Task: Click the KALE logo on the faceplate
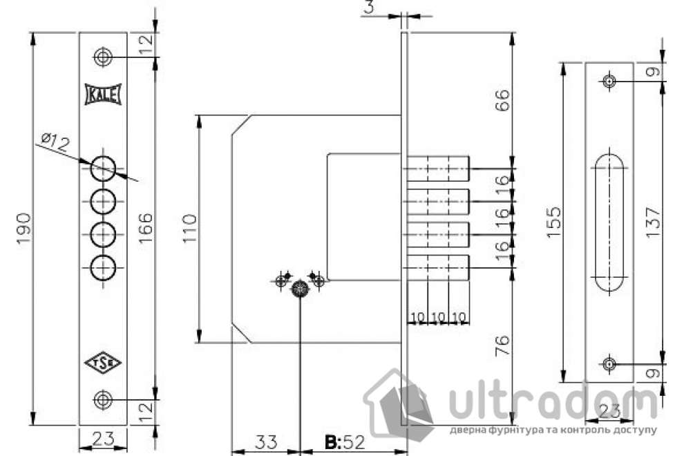click(x=103, y=95)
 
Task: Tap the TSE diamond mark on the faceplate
click(x=103, y=363)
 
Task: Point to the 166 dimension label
click(x=146, y=227)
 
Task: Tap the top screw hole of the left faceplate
click(x=103, y=57)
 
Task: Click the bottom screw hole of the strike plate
click(x=609, y=364)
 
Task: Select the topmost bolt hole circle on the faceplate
click(x=103, y=168)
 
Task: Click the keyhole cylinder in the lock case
click(x=300, y=290)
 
